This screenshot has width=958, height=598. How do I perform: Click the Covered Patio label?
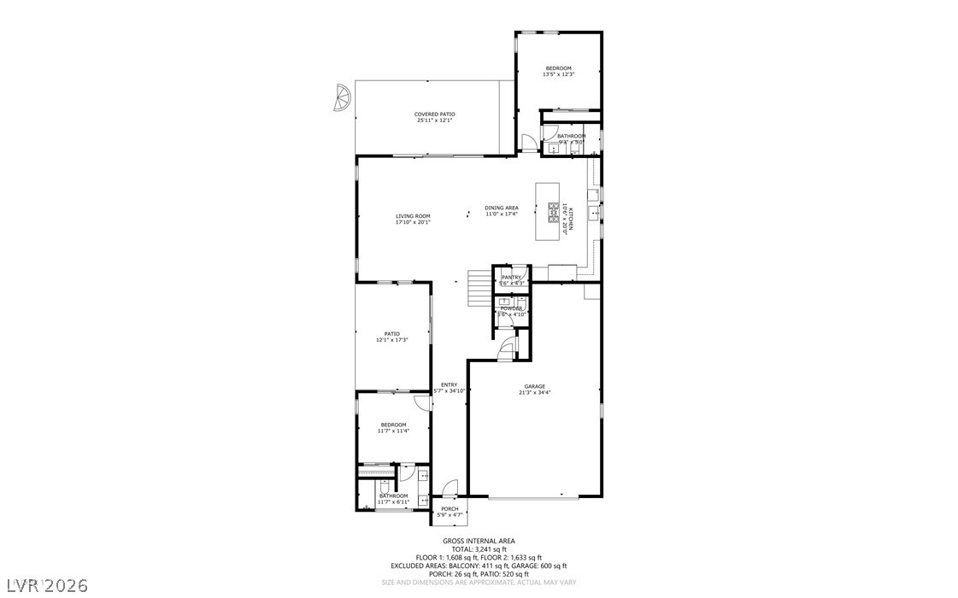click(434, 114)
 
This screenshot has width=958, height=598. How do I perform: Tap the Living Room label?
click(413, 216)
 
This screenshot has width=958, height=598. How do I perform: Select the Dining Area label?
click(502, 208)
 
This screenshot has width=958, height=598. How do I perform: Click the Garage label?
click(535, 386)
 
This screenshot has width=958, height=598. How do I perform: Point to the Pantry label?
click(511, 278)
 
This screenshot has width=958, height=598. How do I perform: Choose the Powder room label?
click(511, 308)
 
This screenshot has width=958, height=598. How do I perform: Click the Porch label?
click(450, 509)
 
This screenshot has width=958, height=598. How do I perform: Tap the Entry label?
click(449, 384)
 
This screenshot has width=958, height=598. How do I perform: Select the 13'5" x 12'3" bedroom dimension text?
click(559, 75)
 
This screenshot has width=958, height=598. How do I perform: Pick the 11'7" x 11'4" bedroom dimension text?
click(393, 431)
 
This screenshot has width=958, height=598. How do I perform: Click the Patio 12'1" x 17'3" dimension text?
click(391, 340)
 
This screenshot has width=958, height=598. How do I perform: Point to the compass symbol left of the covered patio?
click(341, 98)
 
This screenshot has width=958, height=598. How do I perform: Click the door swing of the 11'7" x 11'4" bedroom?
click(420, 402)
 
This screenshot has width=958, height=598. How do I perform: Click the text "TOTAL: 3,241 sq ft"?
click(479, 549)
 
